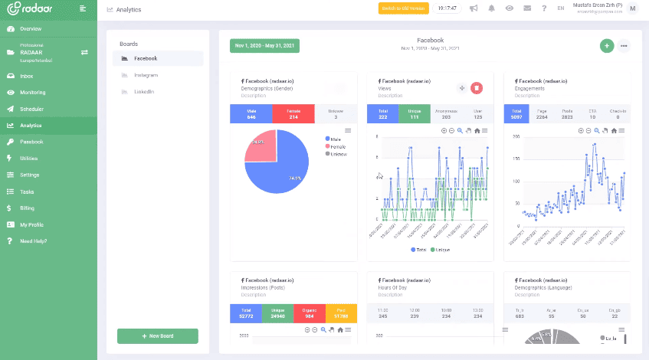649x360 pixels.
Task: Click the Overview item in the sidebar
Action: [31, 29]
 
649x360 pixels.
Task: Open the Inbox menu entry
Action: [26, 76]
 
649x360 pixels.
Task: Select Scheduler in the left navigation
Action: [31, 109]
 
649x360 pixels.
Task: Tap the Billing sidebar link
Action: [27, 208]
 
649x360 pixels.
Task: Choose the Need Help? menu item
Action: [33, 241]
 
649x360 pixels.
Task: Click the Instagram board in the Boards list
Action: [146, 75]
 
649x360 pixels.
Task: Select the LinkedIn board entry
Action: [144, 92]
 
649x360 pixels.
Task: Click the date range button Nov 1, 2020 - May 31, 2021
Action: [264, 46]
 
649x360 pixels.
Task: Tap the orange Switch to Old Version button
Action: [403, 8]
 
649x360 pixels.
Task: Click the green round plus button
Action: [607, 46]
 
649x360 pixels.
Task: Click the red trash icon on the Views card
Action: [477, 88]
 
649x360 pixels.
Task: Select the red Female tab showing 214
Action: [293, 113]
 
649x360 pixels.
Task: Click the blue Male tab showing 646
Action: [251, 113]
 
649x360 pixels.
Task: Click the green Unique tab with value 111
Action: [413, 113]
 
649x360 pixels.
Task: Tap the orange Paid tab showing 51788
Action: [341, 313]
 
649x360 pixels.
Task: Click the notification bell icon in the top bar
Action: [491, 8]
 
